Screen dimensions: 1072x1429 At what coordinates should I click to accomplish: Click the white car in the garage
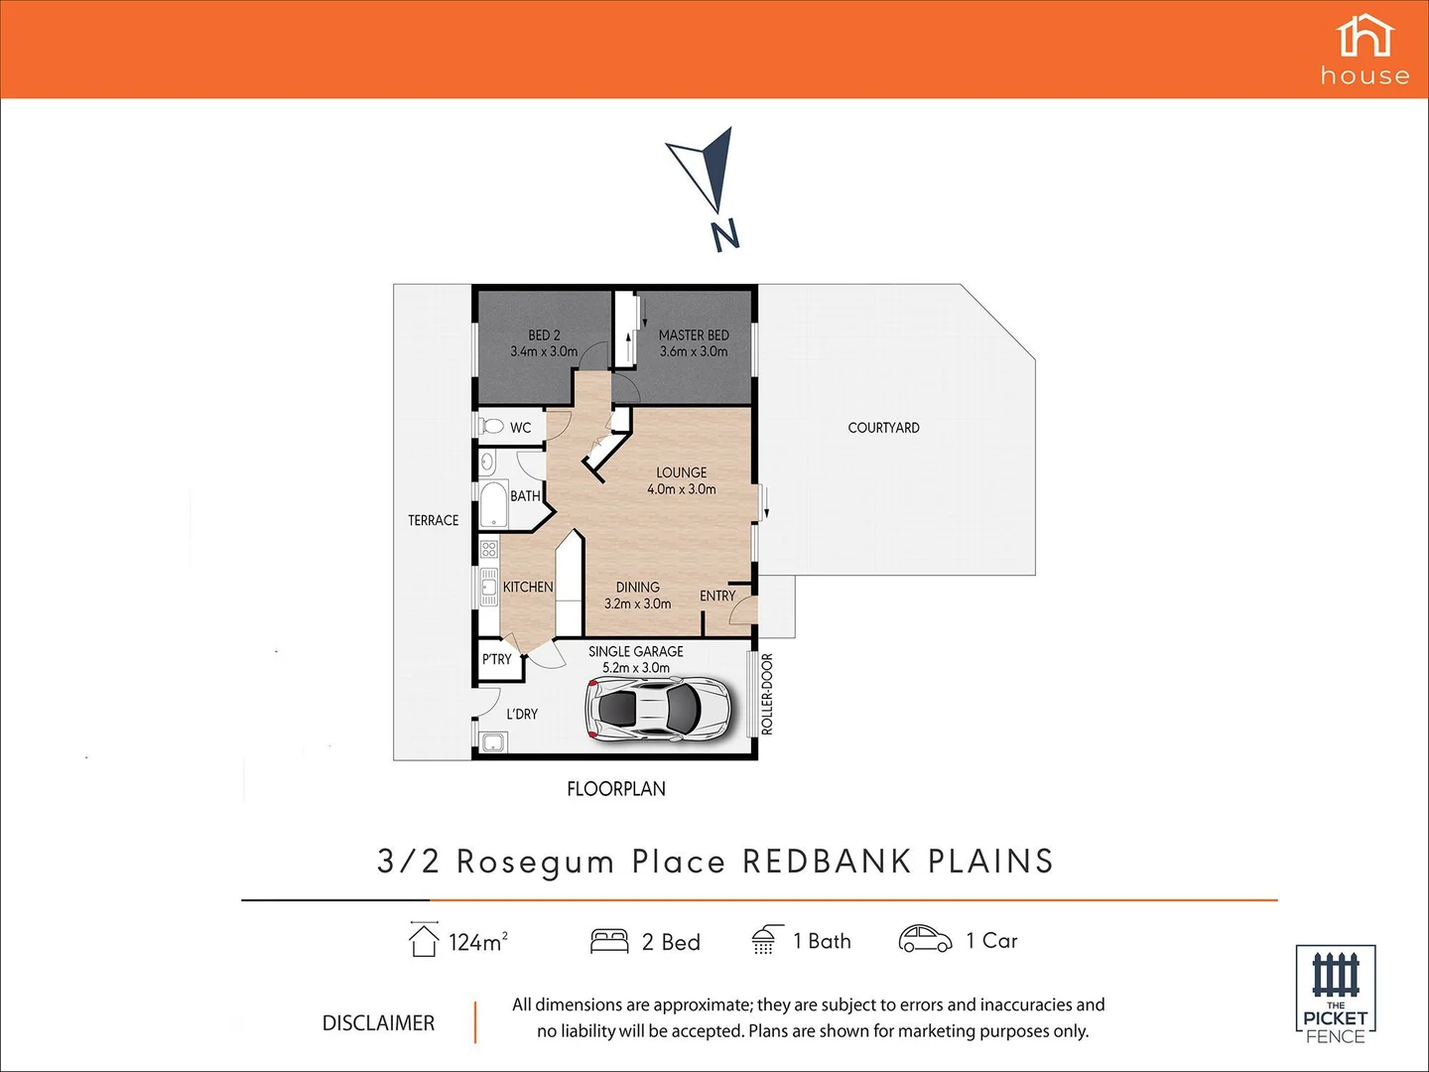click(x=659, y=708)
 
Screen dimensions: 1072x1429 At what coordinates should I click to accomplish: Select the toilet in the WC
click(x=491, y=427)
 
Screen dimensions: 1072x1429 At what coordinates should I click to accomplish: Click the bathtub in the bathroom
click(x=493, y=504)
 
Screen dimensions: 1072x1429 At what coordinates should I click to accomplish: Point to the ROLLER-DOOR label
click(x=766, y=694)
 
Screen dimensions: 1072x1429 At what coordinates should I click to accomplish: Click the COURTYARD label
click(x=883, y=428)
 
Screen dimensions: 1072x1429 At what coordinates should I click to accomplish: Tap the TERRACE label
click(x=433, y=520)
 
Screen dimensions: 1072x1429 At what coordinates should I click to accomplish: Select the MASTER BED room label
click(x=694, y=335)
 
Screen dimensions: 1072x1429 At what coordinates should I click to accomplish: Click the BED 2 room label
click(x=544, y=335)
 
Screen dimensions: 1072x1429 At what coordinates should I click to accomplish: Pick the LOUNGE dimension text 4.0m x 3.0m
click(x=681, y=489)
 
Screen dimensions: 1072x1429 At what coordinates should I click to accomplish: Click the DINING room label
click(x=637, y=588)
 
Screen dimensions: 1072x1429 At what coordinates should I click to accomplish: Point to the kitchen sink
click(x=488, y=588)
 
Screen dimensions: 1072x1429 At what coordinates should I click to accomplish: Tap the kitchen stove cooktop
click(x=488, y=549)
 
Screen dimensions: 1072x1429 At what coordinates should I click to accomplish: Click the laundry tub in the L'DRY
click(x=492, y=742)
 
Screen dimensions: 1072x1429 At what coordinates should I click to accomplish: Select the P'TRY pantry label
click(x=497, y=659)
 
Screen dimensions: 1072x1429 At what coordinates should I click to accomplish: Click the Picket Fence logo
click(x=1335, y=994)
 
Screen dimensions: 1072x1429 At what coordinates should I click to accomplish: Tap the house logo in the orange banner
click(x=1364, y=50)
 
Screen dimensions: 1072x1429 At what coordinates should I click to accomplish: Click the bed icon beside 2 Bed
click(x=609, y=941)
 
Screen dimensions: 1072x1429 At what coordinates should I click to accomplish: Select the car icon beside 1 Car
click(x=925, y=939)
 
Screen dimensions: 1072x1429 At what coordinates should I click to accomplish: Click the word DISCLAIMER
click(x=378, y=1023)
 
